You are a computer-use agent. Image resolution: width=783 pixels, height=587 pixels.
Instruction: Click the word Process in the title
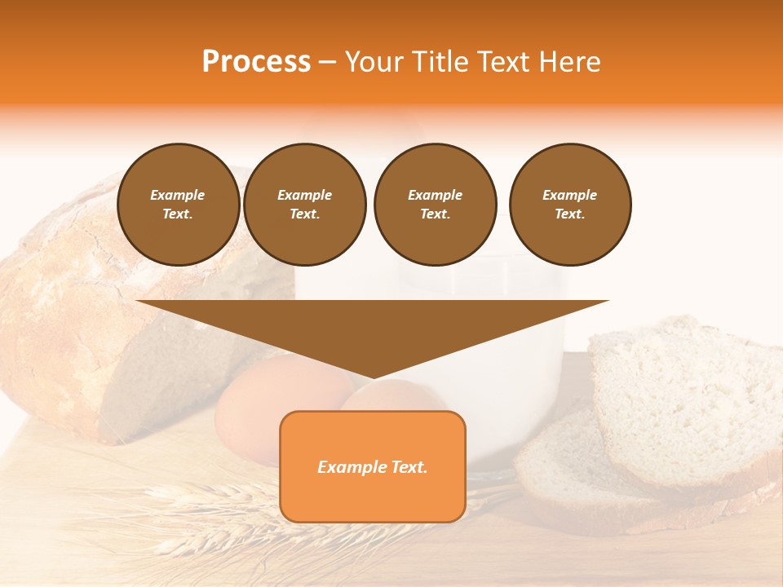point(256,62)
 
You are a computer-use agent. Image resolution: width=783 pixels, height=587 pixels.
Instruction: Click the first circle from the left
point(178,205)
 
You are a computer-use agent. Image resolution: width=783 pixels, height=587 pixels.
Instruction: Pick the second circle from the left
point(304,205)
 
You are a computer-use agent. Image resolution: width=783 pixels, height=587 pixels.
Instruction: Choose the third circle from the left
point(435,205)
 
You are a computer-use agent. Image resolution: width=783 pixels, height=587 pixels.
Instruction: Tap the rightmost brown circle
point(569,205)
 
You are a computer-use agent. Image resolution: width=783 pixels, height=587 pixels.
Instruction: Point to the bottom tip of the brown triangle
point(372,377)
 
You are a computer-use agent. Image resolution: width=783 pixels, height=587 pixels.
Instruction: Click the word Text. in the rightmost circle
point(569,214)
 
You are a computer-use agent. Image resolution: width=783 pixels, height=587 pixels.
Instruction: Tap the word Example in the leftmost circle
point(178,195)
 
